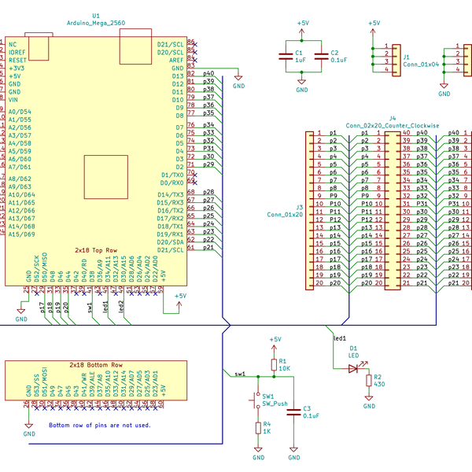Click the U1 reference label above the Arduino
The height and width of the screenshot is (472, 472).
pyautogui.click(x=96, y=15)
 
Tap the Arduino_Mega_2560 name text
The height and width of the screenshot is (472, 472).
pyautogui.click(x=96, y=23)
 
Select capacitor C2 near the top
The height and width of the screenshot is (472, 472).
pyautogui.click(x=321, y=55)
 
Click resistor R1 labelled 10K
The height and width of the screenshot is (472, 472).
pyautogui.click(x=274, y=363)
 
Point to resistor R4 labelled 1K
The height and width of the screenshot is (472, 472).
pyautogui.click(x=258, y=427)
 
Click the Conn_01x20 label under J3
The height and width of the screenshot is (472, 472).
pyautogui.click(x=285, y=214)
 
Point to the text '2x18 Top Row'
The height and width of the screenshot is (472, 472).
pyautogui.click(x=96, y=249)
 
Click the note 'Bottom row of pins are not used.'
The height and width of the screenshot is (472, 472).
pyautogui.click(x=99, y=425)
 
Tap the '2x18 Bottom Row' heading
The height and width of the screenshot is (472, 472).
pyautogui.click(x=96, y=366)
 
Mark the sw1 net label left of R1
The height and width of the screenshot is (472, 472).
pyautogui.click(x=240, y=374)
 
